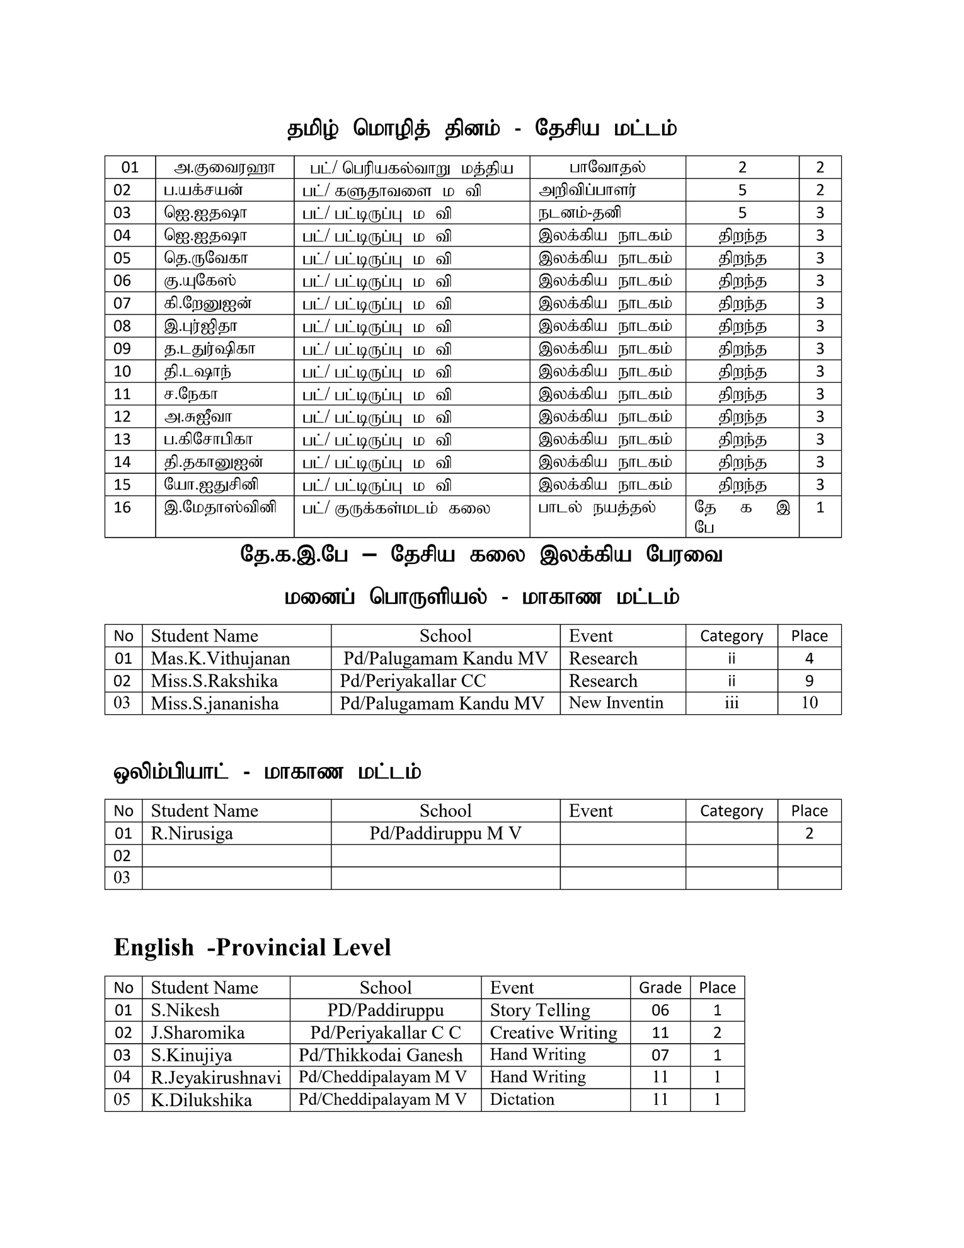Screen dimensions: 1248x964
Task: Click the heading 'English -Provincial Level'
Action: pyautogui.click(x=252, y=947)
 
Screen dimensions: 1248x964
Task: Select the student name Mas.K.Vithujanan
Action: pyautogui.click(x=220, y=659)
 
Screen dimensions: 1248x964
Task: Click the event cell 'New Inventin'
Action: pyautogui.click(x=616, y=703)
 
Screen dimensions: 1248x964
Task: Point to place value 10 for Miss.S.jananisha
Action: pyautogui.click(x=809, y=703)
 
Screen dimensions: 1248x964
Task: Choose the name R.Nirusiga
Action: pyautogui.click(x=192, y=833)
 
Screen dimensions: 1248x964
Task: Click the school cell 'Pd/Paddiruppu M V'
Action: pyautogui.click(x=445, y=833)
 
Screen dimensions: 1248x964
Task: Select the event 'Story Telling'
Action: pyautogui.click(x=540, y=1010)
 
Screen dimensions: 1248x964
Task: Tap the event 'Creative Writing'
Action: pyautogui.click(x=553, y=1032)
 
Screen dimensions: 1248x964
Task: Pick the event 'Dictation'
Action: pyautogui.click(x=522, y=1099)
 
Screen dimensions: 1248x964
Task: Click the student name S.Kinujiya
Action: pyautogui.click(x=191, y=1055)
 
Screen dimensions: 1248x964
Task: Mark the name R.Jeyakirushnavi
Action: pyautogui.click(x=215, y=1077)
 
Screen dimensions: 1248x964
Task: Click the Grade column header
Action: pyautogui.click(x=660, y=988)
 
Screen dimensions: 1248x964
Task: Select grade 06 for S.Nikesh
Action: pyautogui.click(x=660, y=1010)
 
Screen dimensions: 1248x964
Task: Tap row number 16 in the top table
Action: pyautogui.click(x=122, y=507)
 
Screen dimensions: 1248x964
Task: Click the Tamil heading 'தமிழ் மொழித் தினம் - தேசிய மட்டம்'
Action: pyautogui.click(x=482, y=129)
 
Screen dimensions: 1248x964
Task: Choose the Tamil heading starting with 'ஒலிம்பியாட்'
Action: pyautogui.click(x=267, y=773)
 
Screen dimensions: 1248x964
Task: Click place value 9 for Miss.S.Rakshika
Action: pyautogui.click(x=809, y=681)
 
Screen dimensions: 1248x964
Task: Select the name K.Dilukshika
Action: pyautogui.click(x=201, y=1100)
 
